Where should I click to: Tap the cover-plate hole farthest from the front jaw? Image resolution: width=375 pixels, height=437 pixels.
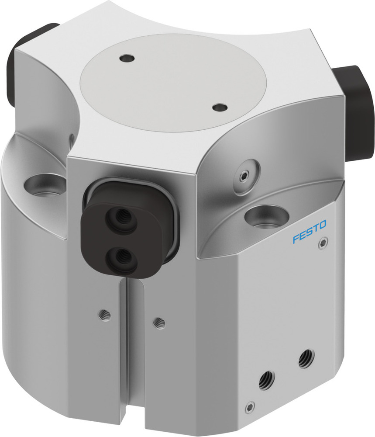click(x=127, y=57)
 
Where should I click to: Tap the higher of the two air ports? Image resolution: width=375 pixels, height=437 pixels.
click(x=306, y=359)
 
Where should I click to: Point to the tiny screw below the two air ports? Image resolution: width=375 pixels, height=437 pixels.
click(x=250, y=406)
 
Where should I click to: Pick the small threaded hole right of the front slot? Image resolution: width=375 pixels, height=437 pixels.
click(x=159, y=323)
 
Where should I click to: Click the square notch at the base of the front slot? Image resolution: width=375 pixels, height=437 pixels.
click(x=127, y=426)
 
